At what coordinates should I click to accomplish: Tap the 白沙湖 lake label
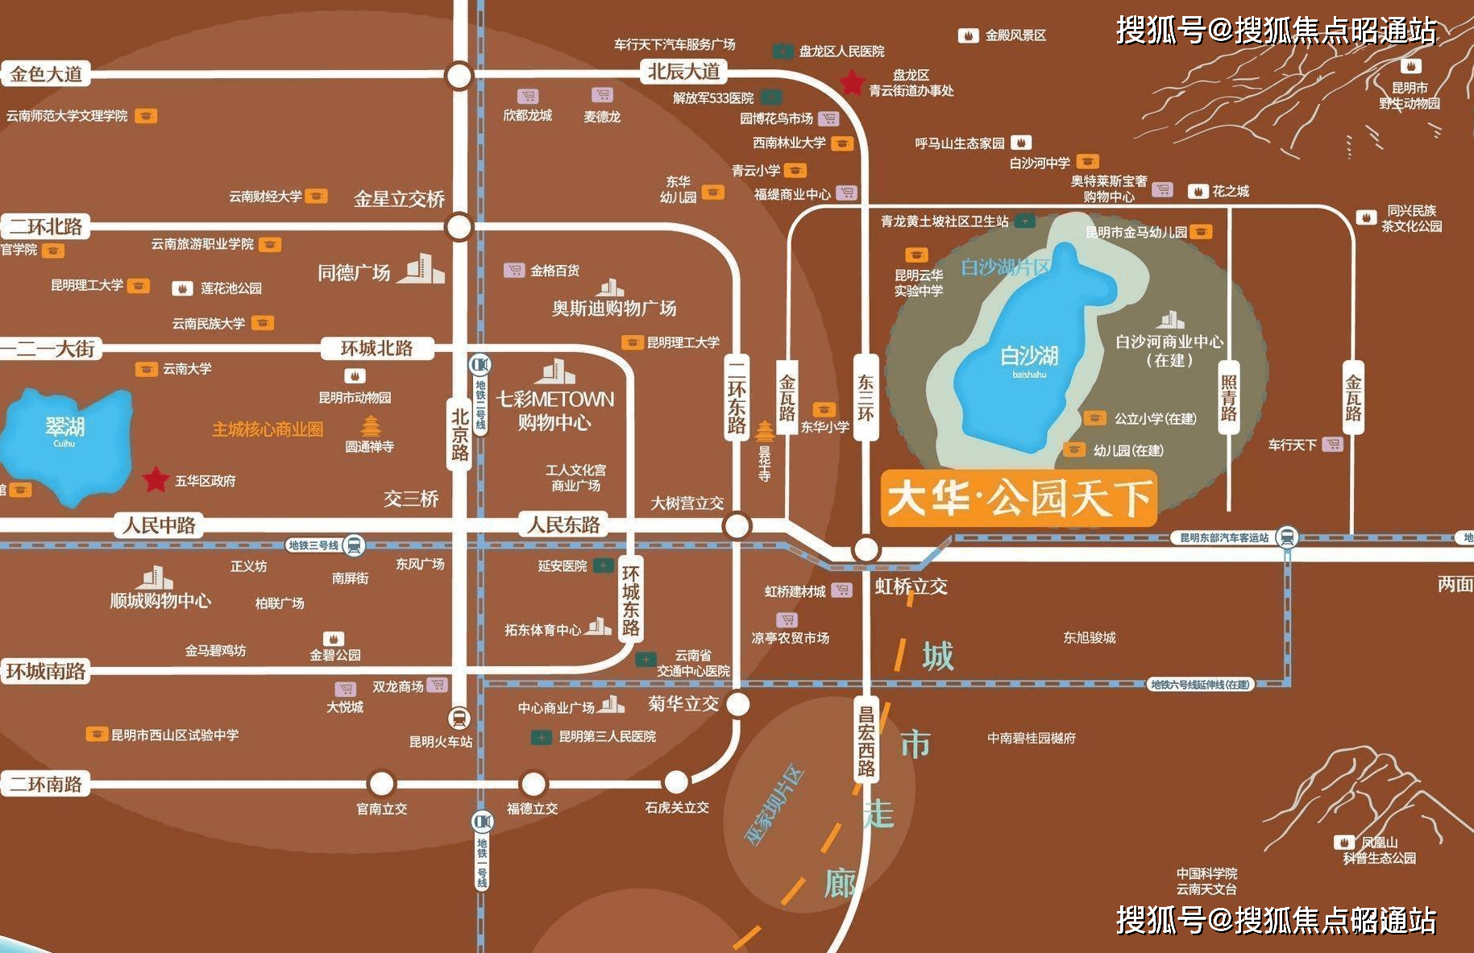coord(1029,356)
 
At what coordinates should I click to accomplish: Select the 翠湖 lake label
coord(64,427)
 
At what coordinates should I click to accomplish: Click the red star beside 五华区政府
coord(155,479)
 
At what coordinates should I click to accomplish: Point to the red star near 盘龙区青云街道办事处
coord(852,82)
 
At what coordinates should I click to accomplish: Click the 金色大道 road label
coord(46,74)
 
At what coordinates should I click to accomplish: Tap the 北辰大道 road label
coord(683,72)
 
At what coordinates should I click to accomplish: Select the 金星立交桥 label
coord(399,198)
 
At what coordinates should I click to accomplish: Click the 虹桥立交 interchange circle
coord(866,549)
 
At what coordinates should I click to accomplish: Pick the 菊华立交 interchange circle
coord(737,704)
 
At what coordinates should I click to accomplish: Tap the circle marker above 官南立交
coord(381,783)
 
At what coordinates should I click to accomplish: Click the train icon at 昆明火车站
coord(459,717)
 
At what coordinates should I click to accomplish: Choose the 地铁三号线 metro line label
coord(314,545)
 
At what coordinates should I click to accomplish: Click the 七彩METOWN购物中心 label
coord(554,410)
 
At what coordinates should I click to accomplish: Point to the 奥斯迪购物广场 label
coord(613,308)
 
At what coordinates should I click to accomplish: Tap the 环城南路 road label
coord(46,671)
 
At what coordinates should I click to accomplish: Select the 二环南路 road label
coord(46,784)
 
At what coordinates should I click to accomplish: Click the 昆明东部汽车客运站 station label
coord(1224,537)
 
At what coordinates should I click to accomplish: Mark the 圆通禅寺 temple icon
coord(370,425)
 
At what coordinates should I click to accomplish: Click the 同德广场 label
coord(354,272)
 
